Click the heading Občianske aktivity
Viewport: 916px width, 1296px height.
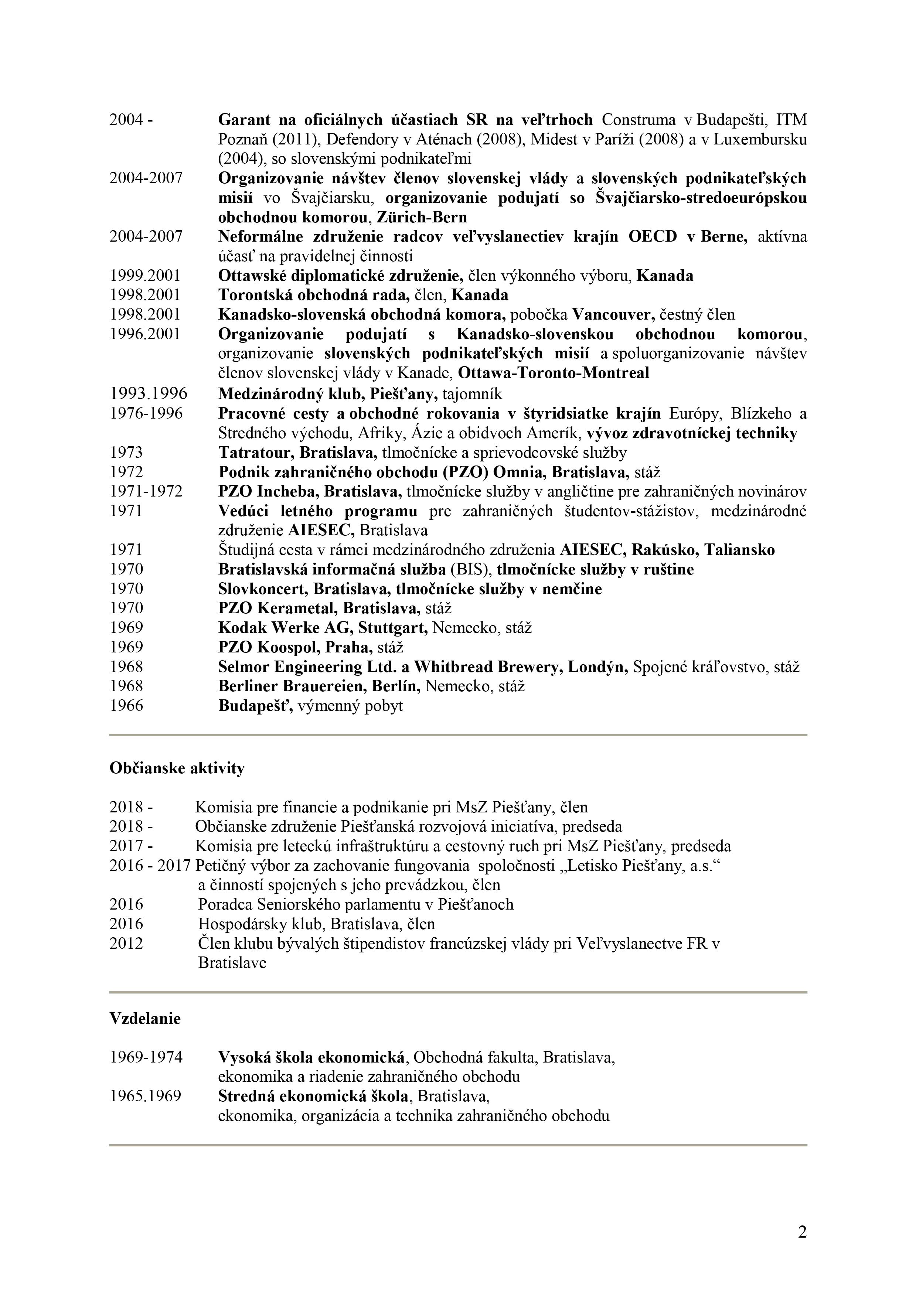click(177, 768)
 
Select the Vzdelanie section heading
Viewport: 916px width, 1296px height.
click(145, 1018)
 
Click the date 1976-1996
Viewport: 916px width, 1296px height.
click(146, 414)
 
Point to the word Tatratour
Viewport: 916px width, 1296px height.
click(256, 453)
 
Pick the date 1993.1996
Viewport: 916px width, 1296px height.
click(149, 393)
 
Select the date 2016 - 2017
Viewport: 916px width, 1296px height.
click(150, 865)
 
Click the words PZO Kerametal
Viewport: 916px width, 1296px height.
click(279, 608)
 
